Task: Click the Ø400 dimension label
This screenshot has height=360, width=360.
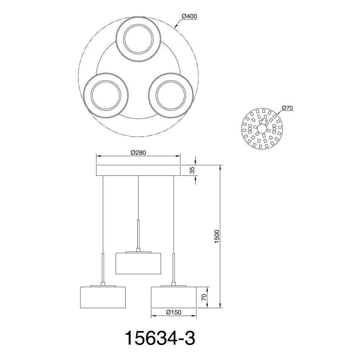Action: [189, 16]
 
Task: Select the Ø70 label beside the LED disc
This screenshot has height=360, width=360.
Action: [287, 108]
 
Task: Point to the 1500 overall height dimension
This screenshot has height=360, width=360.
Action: [216, 237]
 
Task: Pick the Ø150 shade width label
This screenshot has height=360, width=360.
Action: [173, 313]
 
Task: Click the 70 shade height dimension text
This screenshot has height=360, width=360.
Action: [204, 297]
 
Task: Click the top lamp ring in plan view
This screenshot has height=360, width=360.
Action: [139, 39]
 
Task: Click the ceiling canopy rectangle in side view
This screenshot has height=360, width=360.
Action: [138, 170]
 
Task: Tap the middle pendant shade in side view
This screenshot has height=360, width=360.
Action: [139, 263]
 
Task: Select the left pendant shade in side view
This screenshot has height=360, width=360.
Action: [102, 297]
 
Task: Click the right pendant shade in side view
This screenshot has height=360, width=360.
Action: [173, 297]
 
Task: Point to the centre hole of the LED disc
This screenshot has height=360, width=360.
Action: [262, 129]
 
